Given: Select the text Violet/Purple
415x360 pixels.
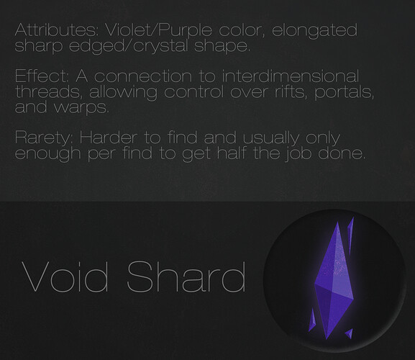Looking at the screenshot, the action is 158,31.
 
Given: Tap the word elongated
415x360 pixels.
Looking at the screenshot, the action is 315,31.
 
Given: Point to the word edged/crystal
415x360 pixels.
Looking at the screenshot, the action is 129,46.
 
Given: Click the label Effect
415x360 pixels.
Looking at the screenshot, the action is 42,76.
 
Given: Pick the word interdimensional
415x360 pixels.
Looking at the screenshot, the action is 291,76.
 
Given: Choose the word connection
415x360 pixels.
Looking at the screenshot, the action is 143,77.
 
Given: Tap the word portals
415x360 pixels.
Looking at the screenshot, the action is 344,93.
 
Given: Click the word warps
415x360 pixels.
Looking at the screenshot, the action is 82,108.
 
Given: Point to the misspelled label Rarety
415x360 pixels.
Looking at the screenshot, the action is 43,138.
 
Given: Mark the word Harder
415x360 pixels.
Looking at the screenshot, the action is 109,138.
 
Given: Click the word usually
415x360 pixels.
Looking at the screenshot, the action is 271,138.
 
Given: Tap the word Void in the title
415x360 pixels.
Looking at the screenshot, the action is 65,276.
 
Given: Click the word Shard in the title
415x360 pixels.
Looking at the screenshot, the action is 186,276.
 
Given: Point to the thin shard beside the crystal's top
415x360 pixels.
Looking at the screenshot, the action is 350,235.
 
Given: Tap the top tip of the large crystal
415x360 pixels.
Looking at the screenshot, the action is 338,222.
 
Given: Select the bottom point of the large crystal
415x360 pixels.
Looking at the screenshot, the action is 327,339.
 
